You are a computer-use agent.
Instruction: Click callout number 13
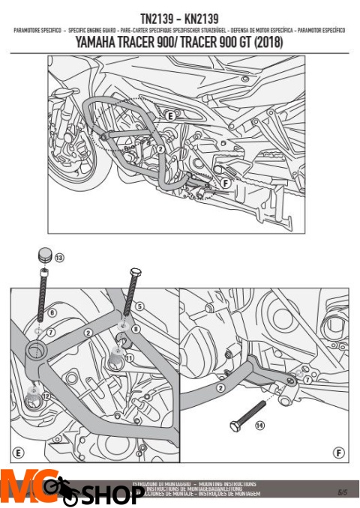coord(59,258)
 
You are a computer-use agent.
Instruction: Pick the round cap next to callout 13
coord(43,256)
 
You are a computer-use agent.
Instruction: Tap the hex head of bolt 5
coord(136,271)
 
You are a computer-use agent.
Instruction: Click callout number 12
coord(45,395)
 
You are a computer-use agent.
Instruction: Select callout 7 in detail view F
coord(307,380)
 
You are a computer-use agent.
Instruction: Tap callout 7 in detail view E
coord(52,331)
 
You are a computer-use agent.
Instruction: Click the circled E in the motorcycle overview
coord(169,116)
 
